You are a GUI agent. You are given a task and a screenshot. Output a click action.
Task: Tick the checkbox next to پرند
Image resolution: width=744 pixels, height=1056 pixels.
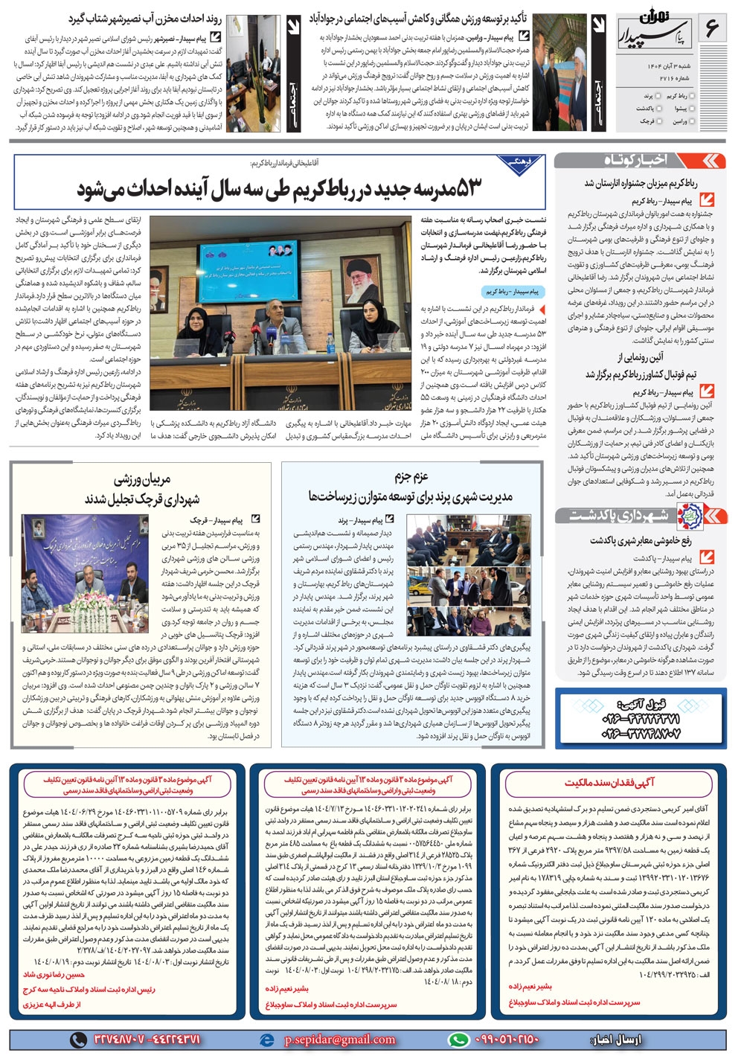(x=658, y=97)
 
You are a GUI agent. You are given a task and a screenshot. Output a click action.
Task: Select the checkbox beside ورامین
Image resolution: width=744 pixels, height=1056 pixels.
(x=692, y=121)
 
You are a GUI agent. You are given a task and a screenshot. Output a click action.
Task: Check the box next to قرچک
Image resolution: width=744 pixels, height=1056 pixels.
(x=658, y=121)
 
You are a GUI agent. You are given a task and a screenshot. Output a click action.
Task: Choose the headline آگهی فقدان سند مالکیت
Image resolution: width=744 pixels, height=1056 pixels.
(x=610, y=782)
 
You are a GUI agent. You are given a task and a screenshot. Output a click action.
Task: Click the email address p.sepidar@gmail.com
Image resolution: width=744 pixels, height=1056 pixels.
(x=340, y=1039)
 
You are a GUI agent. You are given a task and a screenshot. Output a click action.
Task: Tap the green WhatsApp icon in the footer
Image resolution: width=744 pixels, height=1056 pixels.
(x=459, y=1039)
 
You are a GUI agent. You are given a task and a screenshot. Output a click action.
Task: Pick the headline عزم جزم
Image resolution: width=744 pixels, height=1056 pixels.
(x=411, y=476)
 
